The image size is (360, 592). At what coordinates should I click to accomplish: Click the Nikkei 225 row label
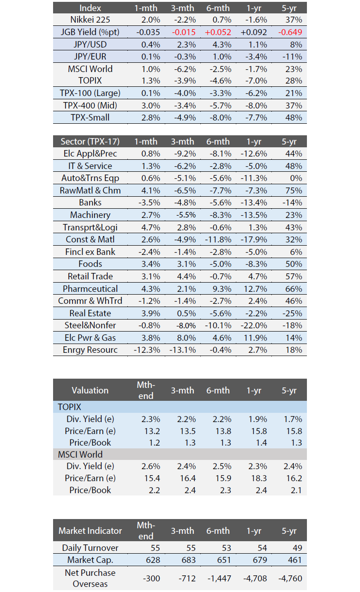[90, 19]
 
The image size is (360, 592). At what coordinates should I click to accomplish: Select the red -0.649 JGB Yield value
[290, 32]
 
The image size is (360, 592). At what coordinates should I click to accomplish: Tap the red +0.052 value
[218, 32]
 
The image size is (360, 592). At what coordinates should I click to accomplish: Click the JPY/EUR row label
[90, 56]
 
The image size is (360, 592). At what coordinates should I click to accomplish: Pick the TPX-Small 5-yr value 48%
[294, 118]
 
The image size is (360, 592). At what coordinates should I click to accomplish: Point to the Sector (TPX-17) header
[90, 141]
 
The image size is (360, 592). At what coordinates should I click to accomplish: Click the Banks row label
[90, 202]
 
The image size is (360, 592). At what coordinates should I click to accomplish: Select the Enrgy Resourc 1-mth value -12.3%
[147, 350]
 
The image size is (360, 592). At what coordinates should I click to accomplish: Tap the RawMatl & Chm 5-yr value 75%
[294, 191]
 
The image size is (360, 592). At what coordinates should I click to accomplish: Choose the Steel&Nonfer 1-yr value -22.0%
[254, 326]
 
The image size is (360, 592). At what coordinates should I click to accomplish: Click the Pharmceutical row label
[90, 289]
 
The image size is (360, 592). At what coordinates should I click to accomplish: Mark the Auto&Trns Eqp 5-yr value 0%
[296, 178]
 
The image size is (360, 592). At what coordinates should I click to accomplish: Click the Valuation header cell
[90, 390]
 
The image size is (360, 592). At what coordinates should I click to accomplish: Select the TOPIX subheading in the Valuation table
[70, 407]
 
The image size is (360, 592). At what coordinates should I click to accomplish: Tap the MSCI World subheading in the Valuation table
[80, 454]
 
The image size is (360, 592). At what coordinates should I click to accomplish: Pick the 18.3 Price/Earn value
[259, 478]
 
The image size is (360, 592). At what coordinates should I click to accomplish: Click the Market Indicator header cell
[90, 531]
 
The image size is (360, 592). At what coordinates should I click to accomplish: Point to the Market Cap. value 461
[294, 560]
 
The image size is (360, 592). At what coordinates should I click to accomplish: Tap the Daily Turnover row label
[90, 548]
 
